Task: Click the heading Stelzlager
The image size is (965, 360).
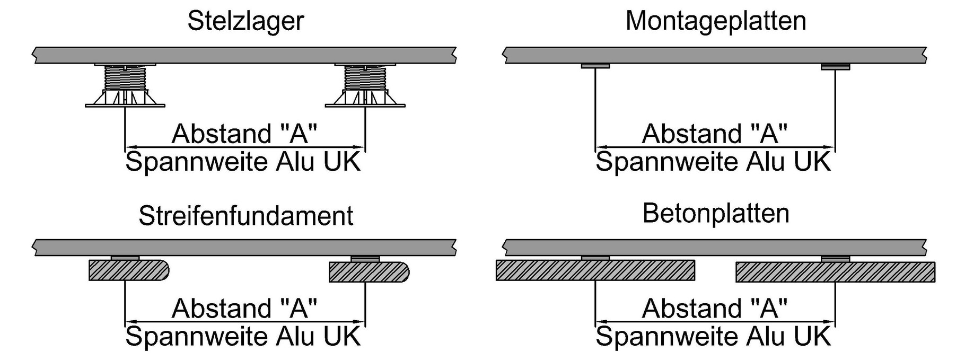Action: pos(245,21)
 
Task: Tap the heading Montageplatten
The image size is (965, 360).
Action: pos(715,21)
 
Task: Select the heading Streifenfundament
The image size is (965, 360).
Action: pos(245,216)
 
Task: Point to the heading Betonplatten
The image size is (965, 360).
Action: pos(715,214)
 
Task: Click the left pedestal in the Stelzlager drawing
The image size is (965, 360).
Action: pos(125,85)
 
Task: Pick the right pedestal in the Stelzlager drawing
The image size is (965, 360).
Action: pos(365,85)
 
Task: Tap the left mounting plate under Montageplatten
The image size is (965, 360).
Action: pos(595,66)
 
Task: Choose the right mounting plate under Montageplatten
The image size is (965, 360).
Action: pos(835,67)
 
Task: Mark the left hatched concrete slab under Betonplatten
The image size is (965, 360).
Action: pos(595,270)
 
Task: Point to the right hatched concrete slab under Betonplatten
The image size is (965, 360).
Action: pos(835,272)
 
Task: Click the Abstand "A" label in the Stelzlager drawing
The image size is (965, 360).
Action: pos(244,133)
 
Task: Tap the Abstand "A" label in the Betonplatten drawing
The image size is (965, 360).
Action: pos(715,308)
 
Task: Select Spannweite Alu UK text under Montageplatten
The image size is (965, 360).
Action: pos(713,161)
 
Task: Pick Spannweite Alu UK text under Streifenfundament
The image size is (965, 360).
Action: pos(243,336)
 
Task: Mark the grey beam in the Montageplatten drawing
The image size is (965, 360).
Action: pos(715,55)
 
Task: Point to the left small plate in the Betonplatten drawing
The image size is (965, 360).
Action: pos(595,258)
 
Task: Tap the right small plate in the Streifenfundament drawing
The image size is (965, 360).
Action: pos(365,258)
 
